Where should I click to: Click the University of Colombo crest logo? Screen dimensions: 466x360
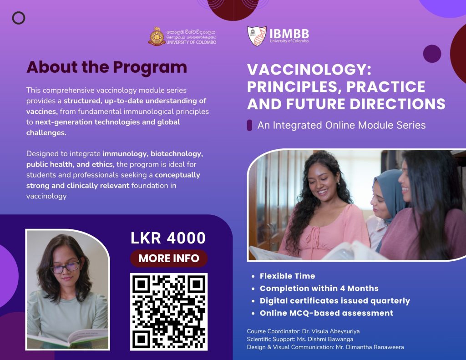pos(157,36)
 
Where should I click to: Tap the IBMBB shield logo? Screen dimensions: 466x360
pos(257,36)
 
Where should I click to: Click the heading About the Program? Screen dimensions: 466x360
pos(106,67)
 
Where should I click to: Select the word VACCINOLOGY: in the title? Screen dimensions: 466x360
pos(309,69)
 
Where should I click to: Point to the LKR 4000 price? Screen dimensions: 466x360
pos(168,238)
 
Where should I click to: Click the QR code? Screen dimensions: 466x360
pos(169,312)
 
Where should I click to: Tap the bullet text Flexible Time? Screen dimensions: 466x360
pos(288,276)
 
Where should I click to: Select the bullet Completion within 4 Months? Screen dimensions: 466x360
pos(319,289)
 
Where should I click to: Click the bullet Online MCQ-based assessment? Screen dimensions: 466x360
pos(326,313)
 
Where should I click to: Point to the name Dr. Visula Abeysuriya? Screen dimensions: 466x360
pos(331,331)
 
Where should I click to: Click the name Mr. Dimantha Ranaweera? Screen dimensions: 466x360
pos(370,347)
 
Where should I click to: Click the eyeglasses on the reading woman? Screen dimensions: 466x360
pos(65,267)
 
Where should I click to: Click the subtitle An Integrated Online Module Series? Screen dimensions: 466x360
pos(341,125)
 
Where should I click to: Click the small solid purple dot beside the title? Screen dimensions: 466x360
pos(432,54)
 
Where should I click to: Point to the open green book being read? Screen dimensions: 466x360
pos(68,338)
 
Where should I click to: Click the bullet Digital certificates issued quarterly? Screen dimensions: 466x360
pos(334,301)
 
